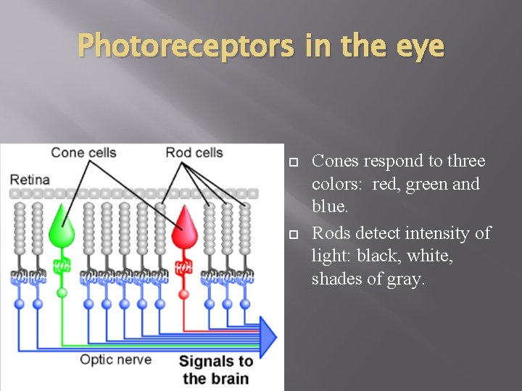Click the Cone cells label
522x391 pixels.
[x=83, y=152]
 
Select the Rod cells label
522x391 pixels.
[x=194, y=152]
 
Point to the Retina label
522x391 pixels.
[x=30, y=179]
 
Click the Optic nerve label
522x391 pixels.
[x=115, y=359]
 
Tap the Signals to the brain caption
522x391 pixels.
[x=215, y=369]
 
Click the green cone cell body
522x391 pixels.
[x=62, y=230]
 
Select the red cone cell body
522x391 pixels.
[x=185, y=230]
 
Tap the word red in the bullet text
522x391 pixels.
[x=384, y=184]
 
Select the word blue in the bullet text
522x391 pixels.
[x=329, y=206]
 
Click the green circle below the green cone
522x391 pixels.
[x=62, y=293]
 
